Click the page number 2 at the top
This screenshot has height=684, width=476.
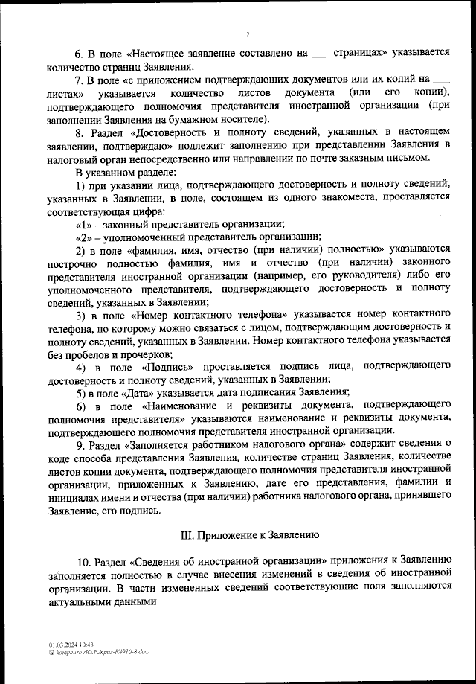[248, 33]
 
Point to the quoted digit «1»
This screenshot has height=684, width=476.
[85, 223]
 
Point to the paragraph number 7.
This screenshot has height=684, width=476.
[80, 79]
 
